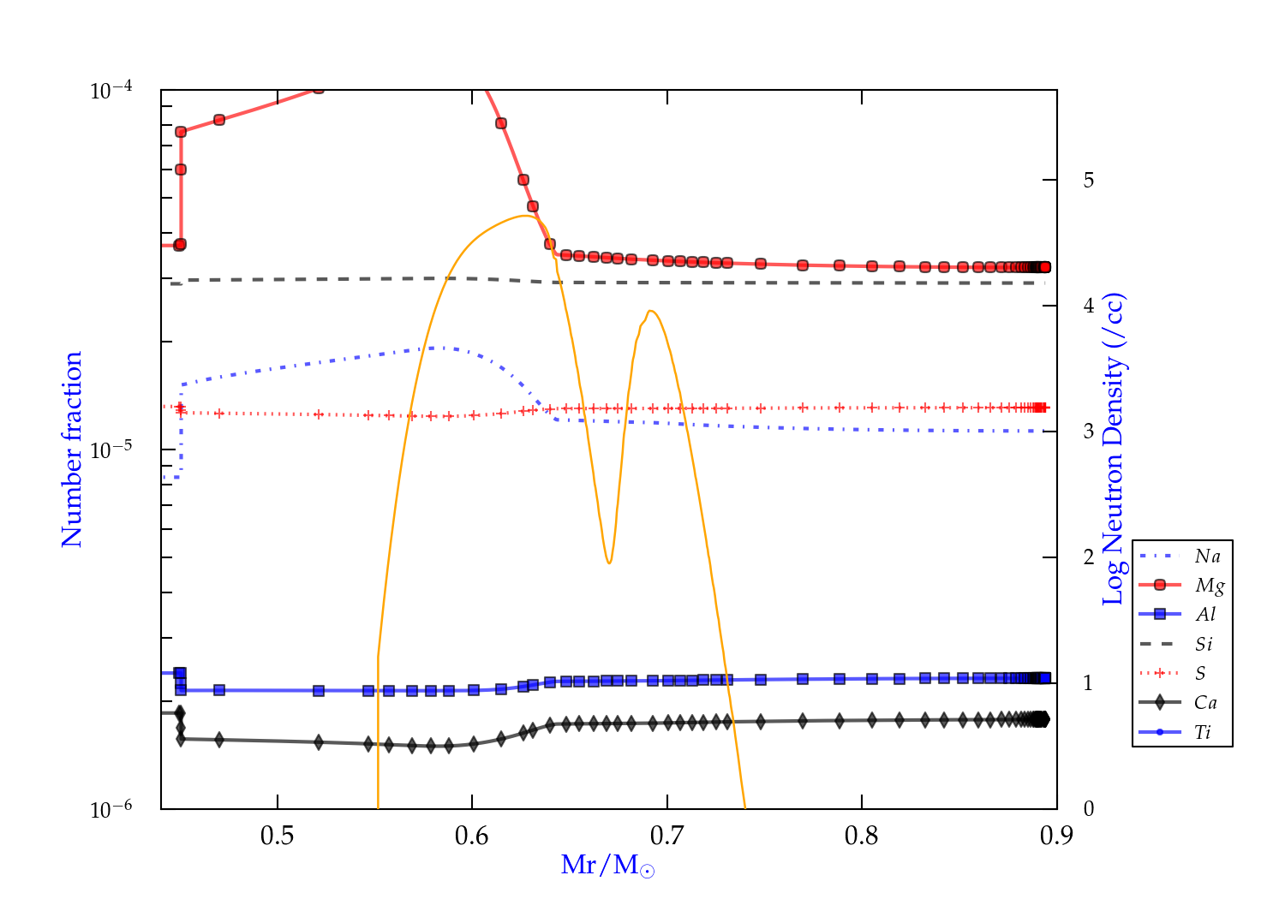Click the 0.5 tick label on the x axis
pyautogui.click(x=277, y=836)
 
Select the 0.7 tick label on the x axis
pyautogui.click(x=666, y=836)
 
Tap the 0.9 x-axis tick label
pyautogui.click(x=1056, y=836)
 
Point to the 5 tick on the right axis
pyautogui.click(x=1089, y=181)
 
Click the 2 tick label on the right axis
pyautogui.click(x=1089, y=557)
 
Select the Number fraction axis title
pyautogui.click(x=72, y=449)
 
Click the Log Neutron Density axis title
pyautogui.click(x=1113, y=449)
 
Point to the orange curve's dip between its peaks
pyautogui.click(x=608, y=563)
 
